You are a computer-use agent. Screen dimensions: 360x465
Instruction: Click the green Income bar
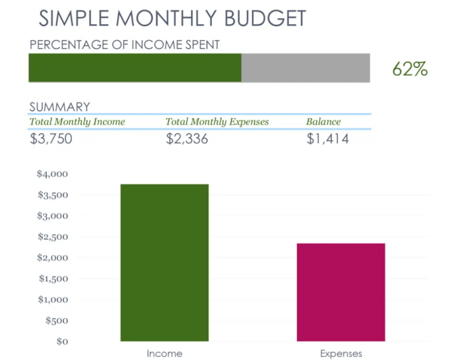pos(164,262)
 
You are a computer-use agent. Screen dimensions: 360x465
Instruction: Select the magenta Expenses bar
pos(340,292)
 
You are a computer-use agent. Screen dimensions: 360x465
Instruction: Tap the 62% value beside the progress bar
pos(410,69)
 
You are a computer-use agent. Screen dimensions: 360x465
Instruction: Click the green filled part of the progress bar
pos(134,68)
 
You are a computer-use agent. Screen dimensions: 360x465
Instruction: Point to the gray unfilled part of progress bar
pos(306,68)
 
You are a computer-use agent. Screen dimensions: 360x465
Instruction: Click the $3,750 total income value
pos(51,139)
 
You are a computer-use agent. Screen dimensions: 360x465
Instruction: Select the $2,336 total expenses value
pos(187,139)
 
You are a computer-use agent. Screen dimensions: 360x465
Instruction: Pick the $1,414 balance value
pos(327,139)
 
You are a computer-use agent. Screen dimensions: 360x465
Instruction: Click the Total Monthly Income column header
pos(77,122)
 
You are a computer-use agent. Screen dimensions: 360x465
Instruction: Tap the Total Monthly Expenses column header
pos(217,122)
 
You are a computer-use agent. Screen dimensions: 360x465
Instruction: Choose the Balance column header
pos(323,122)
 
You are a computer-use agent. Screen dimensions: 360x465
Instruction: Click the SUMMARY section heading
pos(59,107)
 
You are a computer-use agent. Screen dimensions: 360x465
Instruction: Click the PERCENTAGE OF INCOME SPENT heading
pos(125,44)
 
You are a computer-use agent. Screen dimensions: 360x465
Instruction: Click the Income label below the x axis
pos(164,353)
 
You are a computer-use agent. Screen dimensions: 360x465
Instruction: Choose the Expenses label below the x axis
pos(340,353)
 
